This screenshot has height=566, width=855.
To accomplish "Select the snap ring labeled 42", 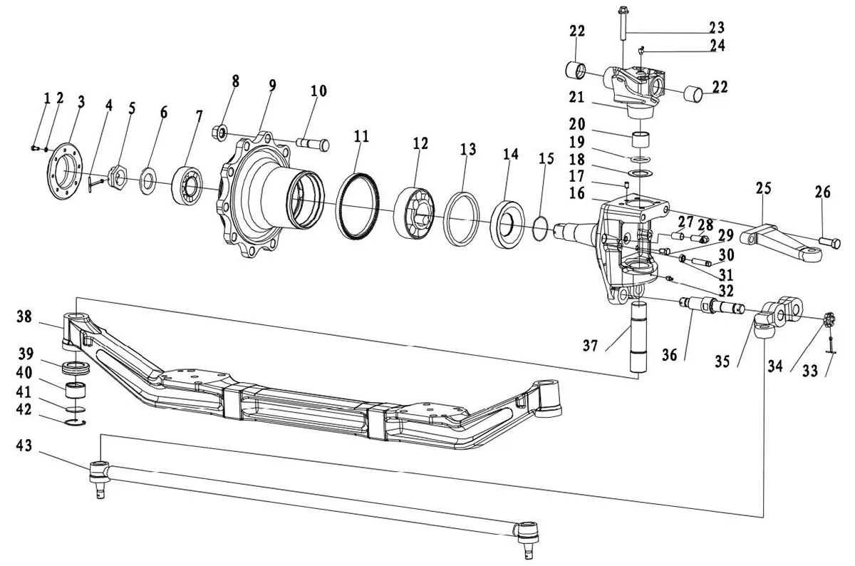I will click(x=73, y=426).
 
